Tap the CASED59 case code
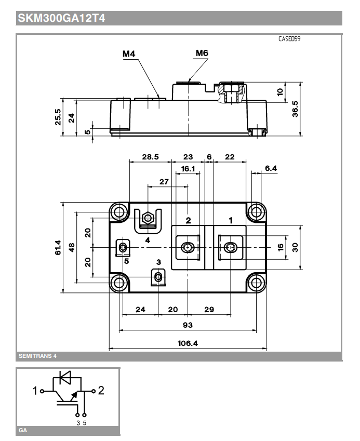pos(289,39)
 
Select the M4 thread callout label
pos(130,54)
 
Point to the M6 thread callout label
pos(202,53)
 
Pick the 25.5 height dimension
pos(58,116)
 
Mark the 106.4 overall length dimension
pos(188,343)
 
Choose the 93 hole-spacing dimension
pos(188,325)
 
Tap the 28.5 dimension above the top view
pos(151,156)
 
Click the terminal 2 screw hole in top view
pos(187,248)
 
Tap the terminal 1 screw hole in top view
pos(230,248)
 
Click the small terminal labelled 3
pos(157,277)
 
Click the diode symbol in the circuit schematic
pos(66,377)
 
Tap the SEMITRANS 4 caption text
pos(37,356)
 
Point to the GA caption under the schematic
pos(23,431)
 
